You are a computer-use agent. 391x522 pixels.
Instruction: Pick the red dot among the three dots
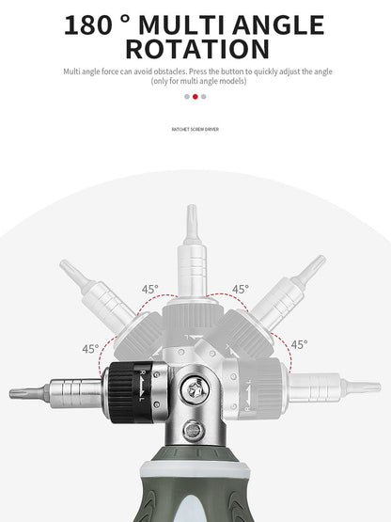(x=195, y=96)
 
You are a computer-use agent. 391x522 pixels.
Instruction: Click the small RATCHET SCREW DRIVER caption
(x=195, y=129)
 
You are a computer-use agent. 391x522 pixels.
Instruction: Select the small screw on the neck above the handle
(x=196, y=433)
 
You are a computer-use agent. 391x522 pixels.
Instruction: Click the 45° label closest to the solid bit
(x=89, y=348)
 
